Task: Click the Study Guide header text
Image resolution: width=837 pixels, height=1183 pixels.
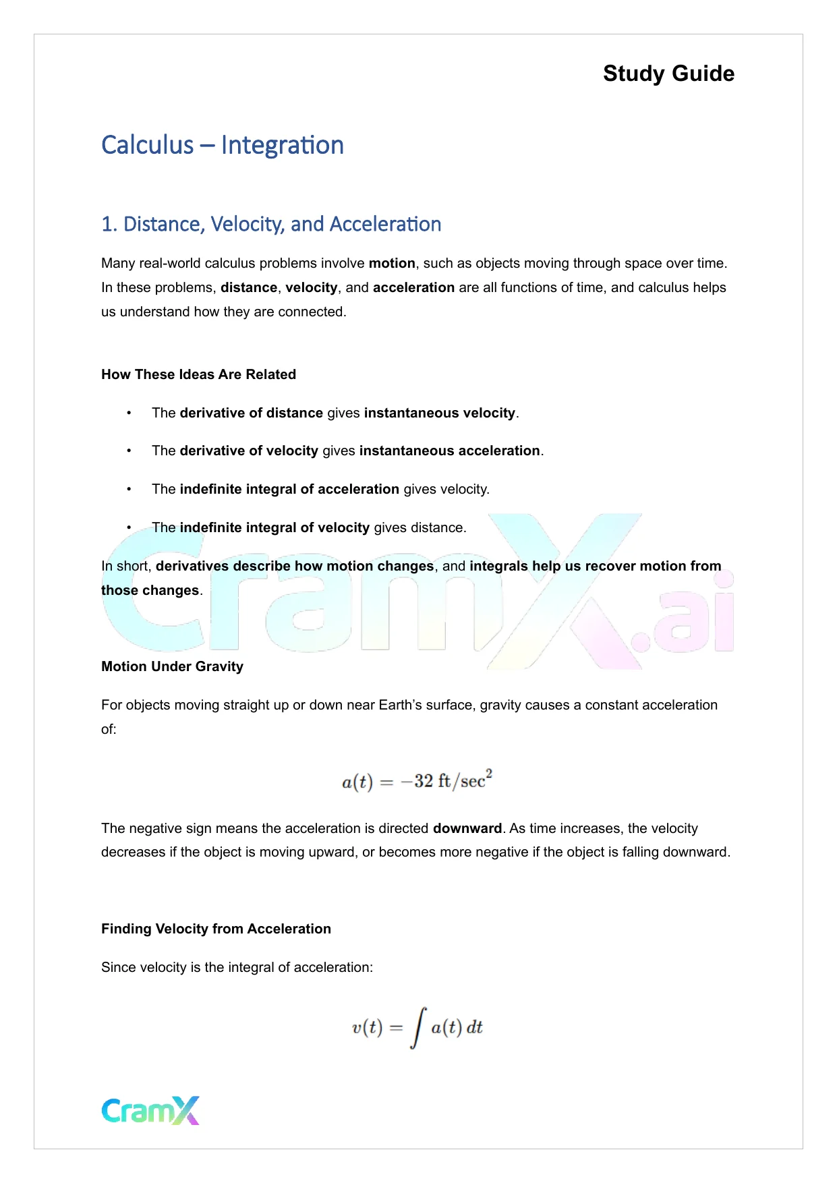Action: click(668, 74)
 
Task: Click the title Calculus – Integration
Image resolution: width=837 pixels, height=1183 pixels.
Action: click(222, 145)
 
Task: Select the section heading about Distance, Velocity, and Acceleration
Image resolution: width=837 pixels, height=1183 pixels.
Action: click(270, 224)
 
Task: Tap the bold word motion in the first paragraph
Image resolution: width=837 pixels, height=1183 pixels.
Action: click(392, 263)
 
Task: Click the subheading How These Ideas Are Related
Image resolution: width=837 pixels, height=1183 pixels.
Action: click(198, 374)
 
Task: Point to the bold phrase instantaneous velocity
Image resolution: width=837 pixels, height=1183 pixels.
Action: click(439, 413)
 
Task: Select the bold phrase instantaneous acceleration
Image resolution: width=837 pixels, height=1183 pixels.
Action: click(449, 451)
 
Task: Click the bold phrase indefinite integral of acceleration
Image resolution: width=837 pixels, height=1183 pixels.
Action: click(289, 489)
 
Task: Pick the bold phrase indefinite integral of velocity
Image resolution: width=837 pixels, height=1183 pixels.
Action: click(275, 527)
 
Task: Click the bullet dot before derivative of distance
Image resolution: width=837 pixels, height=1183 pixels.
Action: click(129, 413)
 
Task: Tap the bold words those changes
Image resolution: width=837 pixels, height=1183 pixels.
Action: click(150, 590)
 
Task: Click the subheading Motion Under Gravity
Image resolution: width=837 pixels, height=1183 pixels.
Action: click(172, 666)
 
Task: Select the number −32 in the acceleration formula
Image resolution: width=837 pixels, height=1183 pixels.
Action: click(417, 781)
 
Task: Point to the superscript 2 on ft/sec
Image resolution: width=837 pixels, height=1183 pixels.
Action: click(489, 773)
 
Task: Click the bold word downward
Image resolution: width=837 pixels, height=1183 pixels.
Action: click(467, 828)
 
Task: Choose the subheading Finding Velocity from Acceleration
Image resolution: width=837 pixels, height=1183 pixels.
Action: click(216, 929)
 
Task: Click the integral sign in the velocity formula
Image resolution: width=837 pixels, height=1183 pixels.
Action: click(418, 1027)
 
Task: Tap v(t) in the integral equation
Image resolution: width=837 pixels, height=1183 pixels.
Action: click(367, 1027)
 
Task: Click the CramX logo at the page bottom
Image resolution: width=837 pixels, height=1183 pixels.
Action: click(150, 1110)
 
